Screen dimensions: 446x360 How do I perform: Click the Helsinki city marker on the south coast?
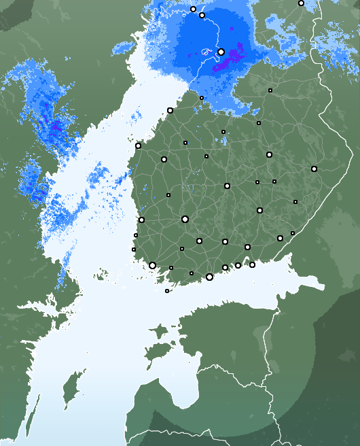(209, 277)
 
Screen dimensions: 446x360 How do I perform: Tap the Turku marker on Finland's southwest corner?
(152, 265)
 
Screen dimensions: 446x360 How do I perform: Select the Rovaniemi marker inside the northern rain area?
(221, 52)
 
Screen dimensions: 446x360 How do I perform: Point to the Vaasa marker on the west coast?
(138, 145)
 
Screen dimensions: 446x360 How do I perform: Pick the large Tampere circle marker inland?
(185, 219)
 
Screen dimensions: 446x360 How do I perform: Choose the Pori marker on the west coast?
(141, 220)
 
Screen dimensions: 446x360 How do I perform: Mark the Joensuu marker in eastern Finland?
(314, 169)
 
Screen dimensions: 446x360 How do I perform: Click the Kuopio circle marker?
(269, 154)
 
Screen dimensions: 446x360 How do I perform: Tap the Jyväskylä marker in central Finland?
(227, 186)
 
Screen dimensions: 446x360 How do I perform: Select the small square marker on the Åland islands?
(167, 291)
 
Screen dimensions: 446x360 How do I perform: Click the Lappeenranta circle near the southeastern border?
(280, 238)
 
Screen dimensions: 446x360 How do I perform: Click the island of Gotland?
(69, 394)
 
